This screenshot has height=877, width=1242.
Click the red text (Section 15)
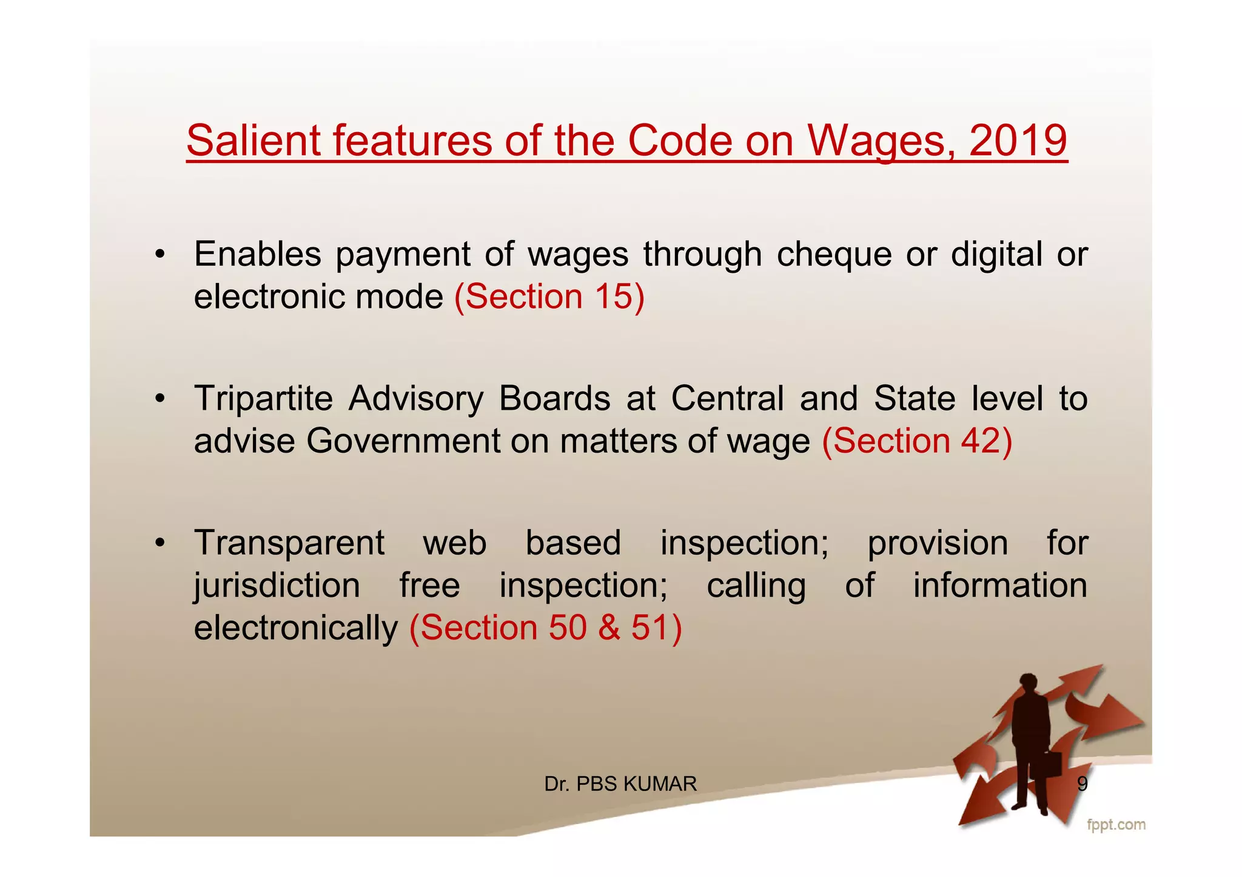click(x=549, y=297)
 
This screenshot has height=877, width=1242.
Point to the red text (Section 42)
click(x=917, y=441)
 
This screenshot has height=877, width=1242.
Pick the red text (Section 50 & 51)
click(x=546, y=627)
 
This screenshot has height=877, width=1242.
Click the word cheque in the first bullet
click(x=834, y=255)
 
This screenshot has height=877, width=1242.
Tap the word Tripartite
click(x=263, y=399)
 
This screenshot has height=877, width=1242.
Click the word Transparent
click(x=289, y=543)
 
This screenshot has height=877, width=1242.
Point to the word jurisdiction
click(x=277, y=586)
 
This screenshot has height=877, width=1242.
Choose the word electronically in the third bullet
click(x=295, y=627)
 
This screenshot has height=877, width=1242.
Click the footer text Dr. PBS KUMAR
click(x=620, y=784)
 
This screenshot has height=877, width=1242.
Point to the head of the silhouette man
click(x=1029, y=683)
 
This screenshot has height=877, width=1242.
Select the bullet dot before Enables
click(x=159, y=255)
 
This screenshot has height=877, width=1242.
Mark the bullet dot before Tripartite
click(x=159, y=399)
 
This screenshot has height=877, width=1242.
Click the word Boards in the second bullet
click(x=554, y=399)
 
